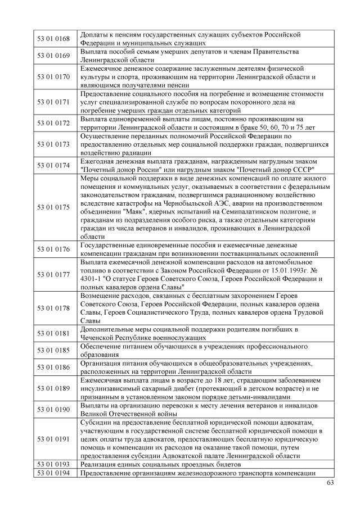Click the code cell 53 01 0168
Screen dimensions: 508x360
pos(53,39)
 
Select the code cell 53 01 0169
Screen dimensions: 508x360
pos(53,56)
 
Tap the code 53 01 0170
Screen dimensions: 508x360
pos(53,76)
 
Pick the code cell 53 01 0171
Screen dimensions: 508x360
pos(53,102)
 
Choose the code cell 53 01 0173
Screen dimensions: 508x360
pos(53,144)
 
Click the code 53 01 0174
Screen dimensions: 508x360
pos(53,165)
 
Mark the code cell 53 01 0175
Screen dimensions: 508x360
pos(53,207)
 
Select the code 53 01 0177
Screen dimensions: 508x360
pos(53,274)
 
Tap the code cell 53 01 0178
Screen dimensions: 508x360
pos(53,308)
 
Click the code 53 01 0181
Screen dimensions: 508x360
pos(53,333)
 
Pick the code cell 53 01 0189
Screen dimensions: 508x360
pos(53,388)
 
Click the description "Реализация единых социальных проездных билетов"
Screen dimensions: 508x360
pos(160,465)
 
